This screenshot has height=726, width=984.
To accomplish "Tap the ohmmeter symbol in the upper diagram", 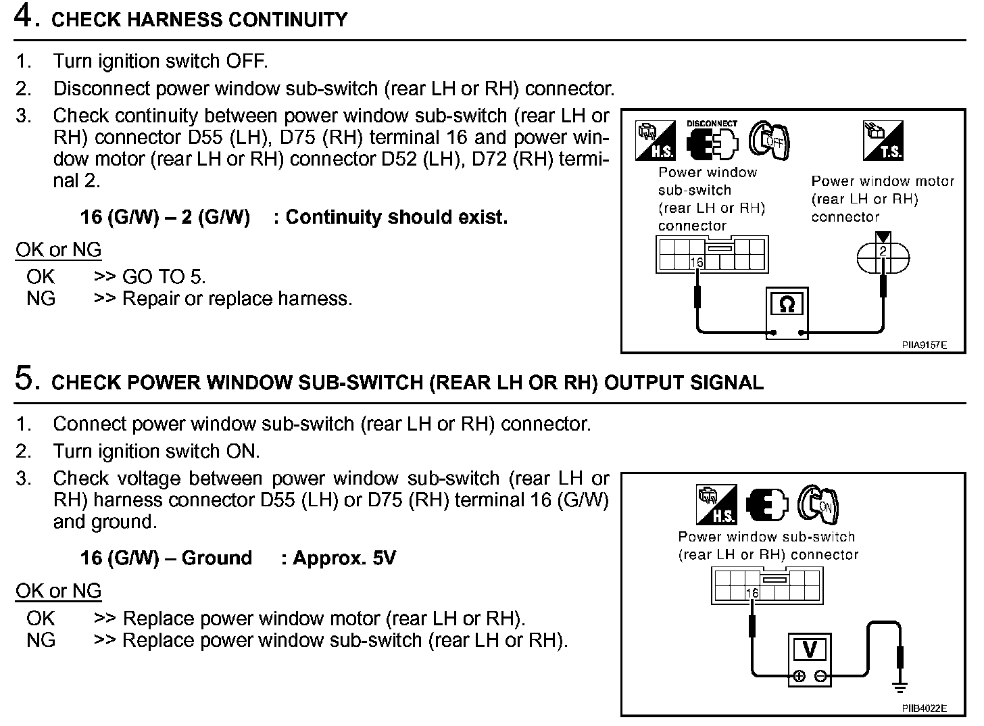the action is coord(787,305).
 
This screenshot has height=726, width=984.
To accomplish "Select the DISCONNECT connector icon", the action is coord(712,140).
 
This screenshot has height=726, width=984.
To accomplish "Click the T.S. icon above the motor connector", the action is coord(883,140).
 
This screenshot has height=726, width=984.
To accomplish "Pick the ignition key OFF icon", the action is coord(770,140).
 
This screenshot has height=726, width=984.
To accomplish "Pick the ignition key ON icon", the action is coord(818,504).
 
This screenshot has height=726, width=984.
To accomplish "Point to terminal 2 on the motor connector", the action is coord(883,251).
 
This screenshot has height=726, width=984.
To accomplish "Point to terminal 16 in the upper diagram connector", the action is coord(697,262).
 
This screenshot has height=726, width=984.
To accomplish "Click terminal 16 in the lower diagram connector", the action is coord(752,593).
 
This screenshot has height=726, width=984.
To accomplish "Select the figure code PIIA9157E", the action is coord(924,345).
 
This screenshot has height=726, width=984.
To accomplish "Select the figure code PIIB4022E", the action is coord(924,708).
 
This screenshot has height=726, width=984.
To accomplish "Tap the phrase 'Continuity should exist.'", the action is coord(396,217).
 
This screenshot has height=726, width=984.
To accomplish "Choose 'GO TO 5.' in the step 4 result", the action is coord(164,276).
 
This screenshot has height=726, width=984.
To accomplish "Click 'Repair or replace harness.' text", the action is coord(237,298).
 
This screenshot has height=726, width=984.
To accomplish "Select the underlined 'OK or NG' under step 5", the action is coord(59,591).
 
